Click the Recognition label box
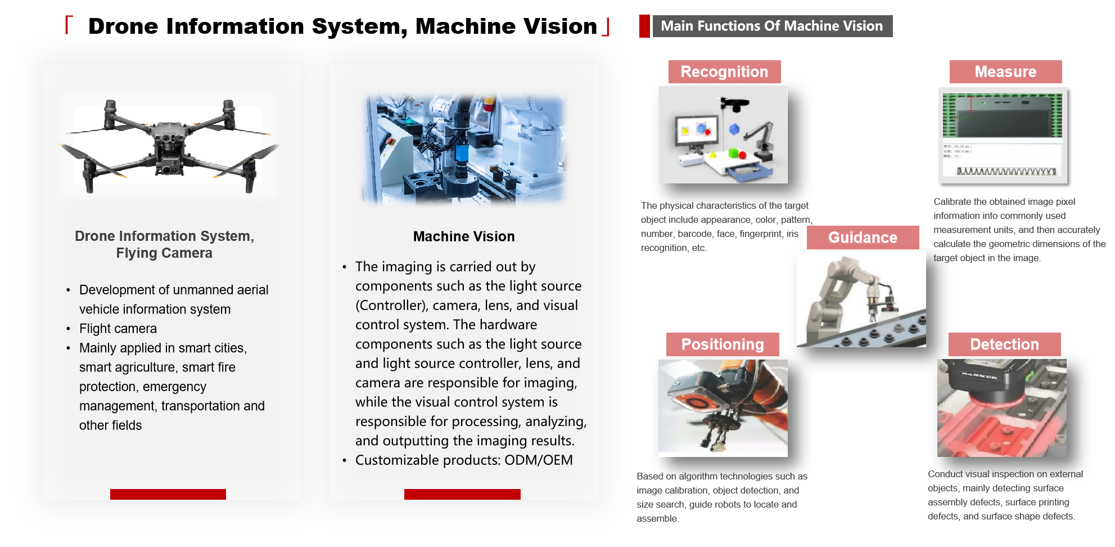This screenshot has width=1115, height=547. point(724,72)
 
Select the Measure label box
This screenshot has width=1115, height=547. point(1005,72)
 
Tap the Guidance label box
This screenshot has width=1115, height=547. point(863,237)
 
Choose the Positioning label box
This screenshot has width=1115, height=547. point(723,344)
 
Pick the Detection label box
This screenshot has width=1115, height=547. point(1004,344)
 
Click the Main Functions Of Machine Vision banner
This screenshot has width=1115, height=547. point(772,26)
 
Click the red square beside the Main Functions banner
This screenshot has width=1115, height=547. point(644,26)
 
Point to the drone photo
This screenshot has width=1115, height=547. point(169,146)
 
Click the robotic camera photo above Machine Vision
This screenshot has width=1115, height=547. point(464,149)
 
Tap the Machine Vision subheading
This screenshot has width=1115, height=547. point(464,236)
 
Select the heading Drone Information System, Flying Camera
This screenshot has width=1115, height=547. point(164,244)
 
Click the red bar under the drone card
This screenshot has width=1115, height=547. point(168,494)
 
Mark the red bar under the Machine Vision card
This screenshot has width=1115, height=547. point(462,494)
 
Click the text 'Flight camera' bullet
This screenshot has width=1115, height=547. point(118,329)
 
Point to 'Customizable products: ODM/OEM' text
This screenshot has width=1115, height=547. point(464,460)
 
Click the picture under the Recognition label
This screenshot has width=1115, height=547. point(723,135)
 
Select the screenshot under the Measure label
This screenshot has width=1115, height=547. point(1003,136)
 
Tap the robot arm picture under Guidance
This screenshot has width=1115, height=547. point(861,299)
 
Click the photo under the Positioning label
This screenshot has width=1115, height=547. point(723,408)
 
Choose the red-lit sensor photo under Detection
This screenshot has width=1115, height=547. point(1002,408)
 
